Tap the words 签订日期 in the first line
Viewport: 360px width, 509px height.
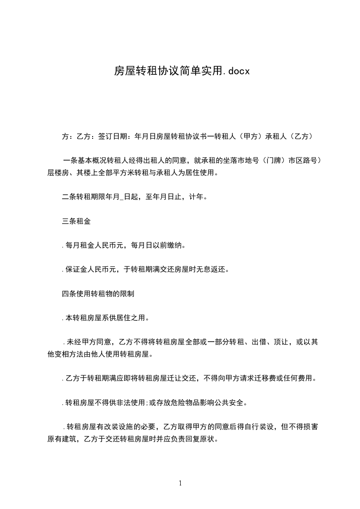pyautogui.click(x=112, y=136)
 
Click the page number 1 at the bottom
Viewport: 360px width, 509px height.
pyautogui.click(x=180, y=483)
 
